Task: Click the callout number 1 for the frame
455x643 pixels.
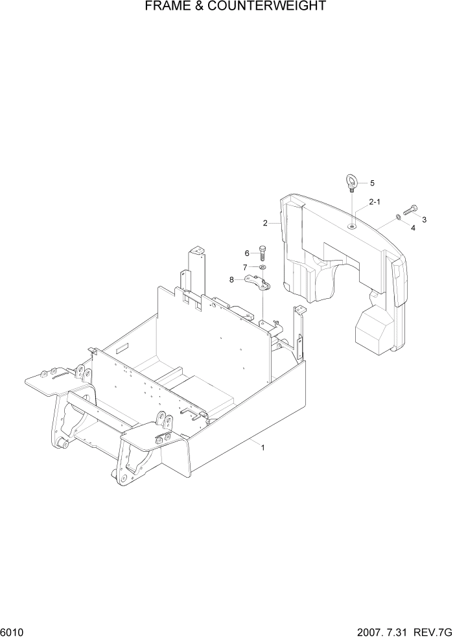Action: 262,447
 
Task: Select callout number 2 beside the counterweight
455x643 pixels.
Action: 265,223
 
